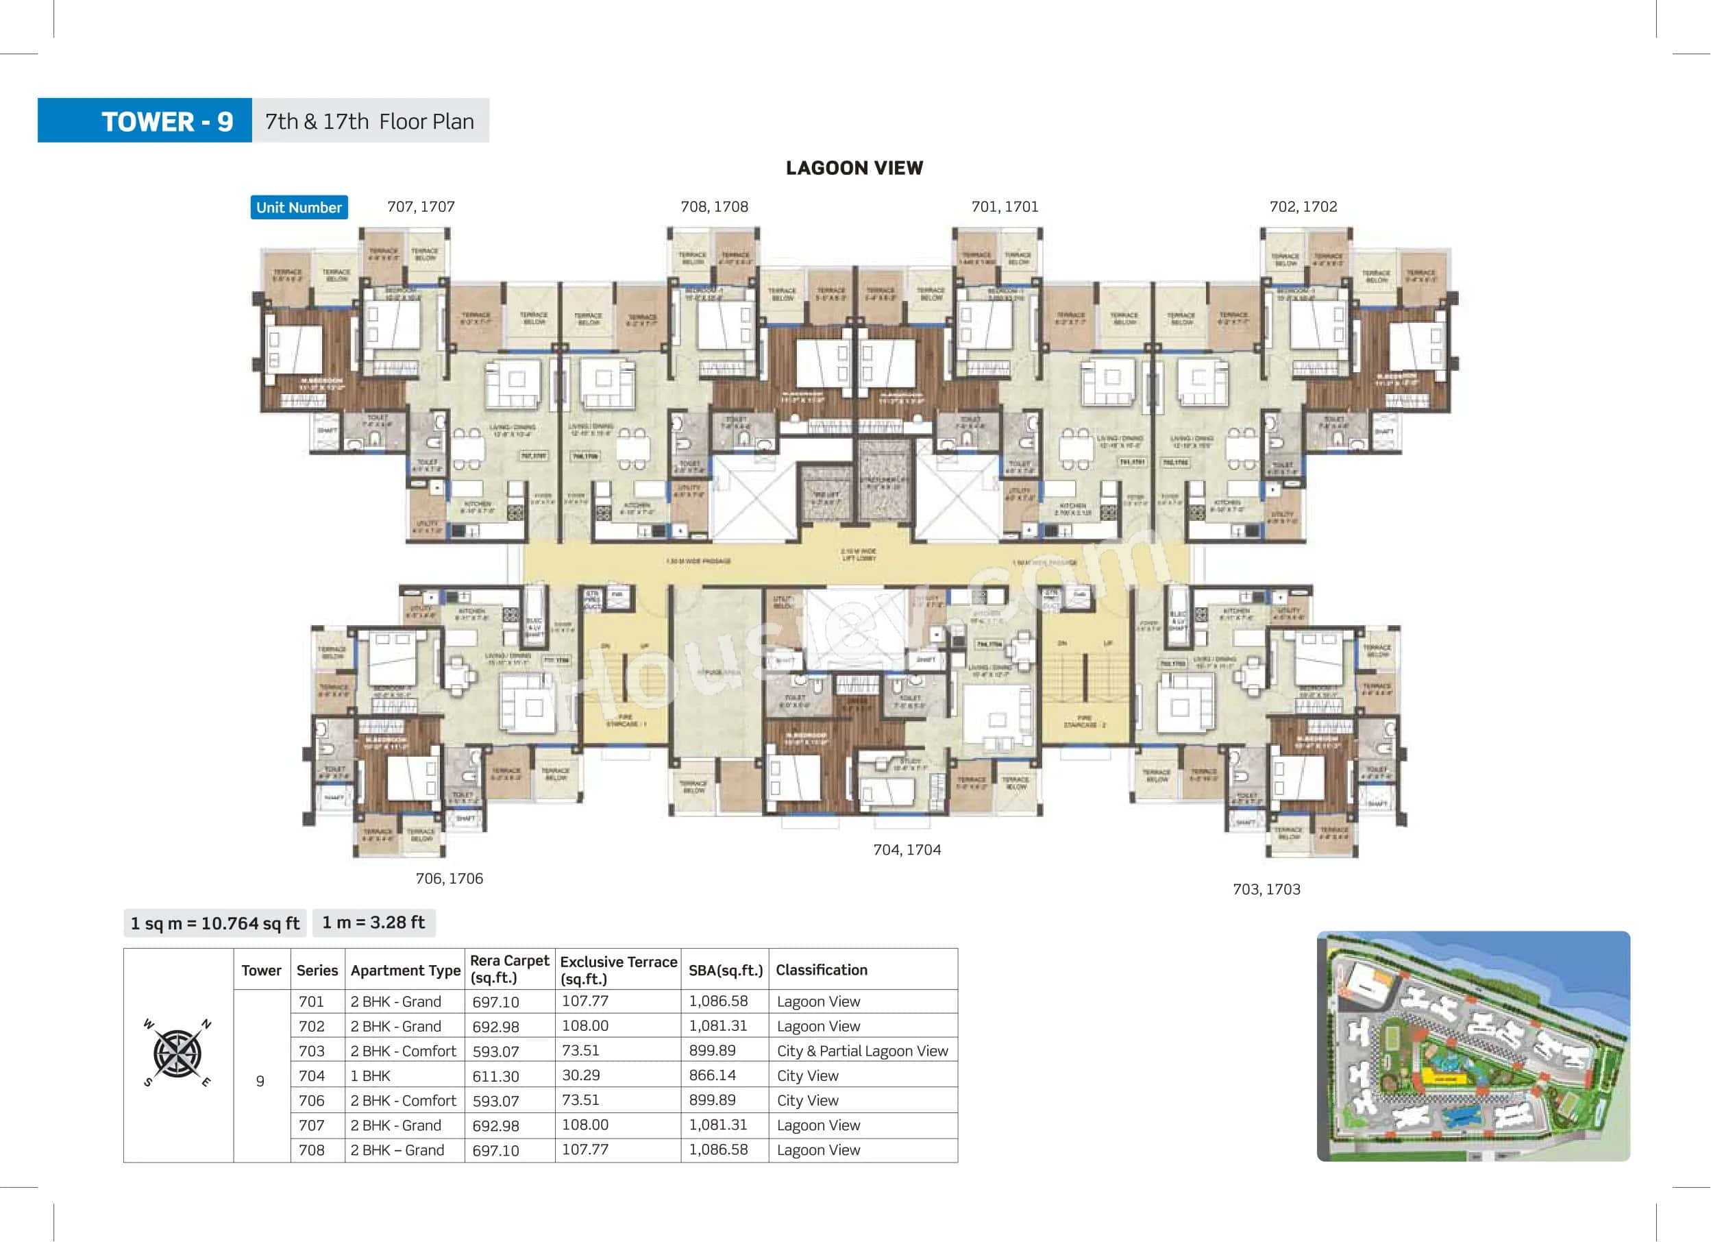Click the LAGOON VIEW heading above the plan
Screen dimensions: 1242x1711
(854, 167)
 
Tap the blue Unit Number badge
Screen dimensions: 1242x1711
(299, 208)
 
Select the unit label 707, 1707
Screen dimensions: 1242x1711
(420, 207)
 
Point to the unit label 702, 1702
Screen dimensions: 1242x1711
(1303, 207)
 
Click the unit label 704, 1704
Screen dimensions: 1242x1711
(907, 850)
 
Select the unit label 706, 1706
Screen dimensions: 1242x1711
(449, 878)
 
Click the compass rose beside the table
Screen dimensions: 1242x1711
(177, 1054)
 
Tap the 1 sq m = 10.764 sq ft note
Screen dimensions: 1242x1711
(215, 923)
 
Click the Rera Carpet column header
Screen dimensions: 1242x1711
(509, 969)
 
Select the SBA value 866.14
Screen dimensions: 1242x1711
(711, 1075)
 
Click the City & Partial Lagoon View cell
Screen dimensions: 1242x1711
(861, 1051)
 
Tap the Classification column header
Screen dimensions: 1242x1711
(821, 970)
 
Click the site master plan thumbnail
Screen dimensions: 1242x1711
(1473, 1046)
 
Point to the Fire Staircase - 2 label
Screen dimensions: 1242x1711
(1084, 721)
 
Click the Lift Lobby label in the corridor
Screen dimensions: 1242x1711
(859, 555)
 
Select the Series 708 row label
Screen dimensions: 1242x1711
(311, 1150)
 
